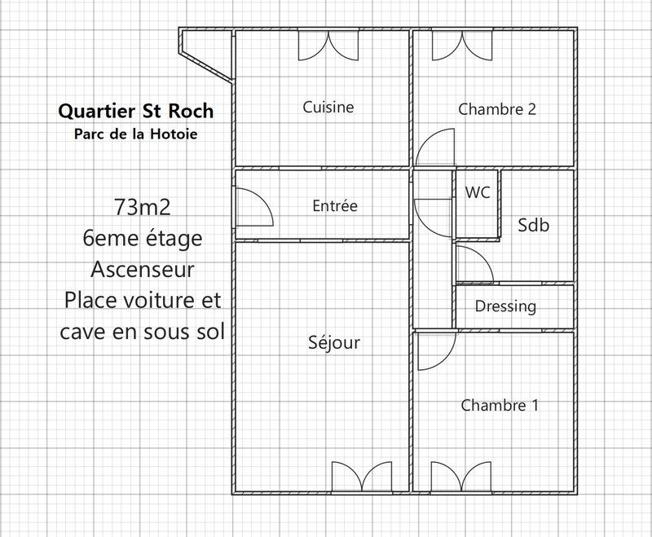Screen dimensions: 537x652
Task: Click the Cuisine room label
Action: [328, 107]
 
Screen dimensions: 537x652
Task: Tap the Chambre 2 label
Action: [497, 108]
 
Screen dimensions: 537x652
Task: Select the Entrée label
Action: [335, 206]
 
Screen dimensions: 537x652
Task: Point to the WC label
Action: [478, 193]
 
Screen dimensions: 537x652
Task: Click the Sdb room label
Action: [534, 226]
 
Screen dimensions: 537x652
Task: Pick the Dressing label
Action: [505, 306]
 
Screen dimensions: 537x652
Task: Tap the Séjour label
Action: [334, 343]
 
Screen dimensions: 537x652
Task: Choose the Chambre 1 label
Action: [500, 405]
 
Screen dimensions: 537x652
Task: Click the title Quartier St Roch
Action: [136, 110]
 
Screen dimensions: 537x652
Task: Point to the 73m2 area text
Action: [143, 207]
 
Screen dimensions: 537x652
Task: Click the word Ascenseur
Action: [143, 269]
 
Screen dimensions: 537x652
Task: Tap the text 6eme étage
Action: [143, 238]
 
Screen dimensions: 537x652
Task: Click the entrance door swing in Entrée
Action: [253, 207]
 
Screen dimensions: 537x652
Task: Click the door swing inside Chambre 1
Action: [434, 350]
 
